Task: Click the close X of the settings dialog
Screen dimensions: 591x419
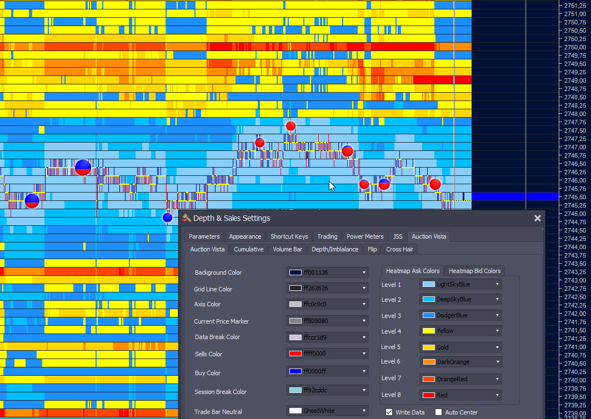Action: tap(538, 218)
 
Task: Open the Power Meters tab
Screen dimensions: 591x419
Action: tap(365, 236)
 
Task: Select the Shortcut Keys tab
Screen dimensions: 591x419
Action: tap(289, 236)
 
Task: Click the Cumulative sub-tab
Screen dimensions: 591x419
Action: tap(248, 249)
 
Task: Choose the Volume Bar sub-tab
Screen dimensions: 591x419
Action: tap(288, 249)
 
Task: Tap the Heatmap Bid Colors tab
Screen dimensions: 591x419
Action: tap(474, 271)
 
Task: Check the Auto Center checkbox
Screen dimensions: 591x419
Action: tap(438, 412)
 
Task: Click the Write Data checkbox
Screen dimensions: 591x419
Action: tap(389, 412)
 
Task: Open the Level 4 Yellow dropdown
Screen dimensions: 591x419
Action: tap(460, 331)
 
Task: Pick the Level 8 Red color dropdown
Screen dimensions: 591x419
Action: tap(460, 395)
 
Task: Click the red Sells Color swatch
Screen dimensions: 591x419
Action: tap(295, 354)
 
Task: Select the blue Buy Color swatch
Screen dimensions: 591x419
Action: tap(295, 371)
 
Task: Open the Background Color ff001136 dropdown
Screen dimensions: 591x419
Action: tap(327, 272)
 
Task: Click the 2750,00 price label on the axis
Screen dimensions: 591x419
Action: tap(575, 47)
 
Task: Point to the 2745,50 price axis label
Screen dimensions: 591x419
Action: tap(575, 197)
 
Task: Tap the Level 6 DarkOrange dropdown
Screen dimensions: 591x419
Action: tap(460, 362)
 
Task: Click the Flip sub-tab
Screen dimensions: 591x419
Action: tap(372, 249)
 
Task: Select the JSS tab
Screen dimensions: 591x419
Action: tap(398, 236)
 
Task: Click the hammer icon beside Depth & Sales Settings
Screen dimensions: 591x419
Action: tap(186, 218)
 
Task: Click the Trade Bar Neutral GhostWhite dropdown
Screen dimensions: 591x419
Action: tap(327, 411)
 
